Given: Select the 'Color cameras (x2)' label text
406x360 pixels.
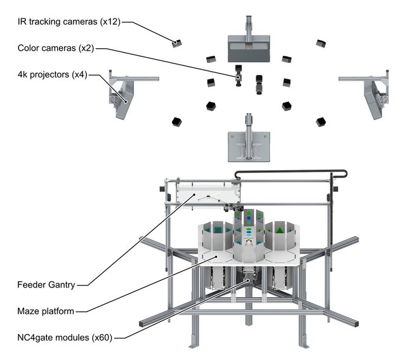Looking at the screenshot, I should [56, 48].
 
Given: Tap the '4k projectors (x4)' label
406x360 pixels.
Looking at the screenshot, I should [51, 75].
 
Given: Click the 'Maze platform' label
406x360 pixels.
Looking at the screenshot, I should [47, 311].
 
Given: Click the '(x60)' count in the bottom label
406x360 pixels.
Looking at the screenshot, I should [106, 337].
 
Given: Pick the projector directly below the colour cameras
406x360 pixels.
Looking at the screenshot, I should [249, 143].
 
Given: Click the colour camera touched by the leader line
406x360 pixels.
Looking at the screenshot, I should [239, 75].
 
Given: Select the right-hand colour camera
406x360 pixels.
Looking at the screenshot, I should [260, 84].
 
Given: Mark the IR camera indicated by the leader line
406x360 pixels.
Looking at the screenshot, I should [177, 43].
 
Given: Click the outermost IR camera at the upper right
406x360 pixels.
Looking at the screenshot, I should [320, 43].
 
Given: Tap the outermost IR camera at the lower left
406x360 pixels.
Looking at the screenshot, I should [176, 121].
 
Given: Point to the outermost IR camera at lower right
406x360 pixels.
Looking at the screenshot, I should [321, 120].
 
